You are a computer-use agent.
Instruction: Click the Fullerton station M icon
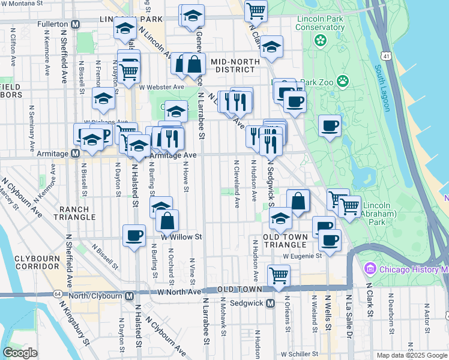[x=76, y=24]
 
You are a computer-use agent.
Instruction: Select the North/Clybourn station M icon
[x=130, y=295]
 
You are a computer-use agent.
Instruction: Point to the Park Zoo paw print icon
[x=343, y=80]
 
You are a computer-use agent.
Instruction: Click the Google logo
[x=20, y=353]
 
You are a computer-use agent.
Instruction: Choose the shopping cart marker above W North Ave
[x=279, y=275]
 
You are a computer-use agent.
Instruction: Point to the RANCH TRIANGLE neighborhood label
[x=74, y=212]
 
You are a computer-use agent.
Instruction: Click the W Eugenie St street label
[x=303, y=256]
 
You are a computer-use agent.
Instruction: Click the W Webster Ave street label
[x=161, y=87]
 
